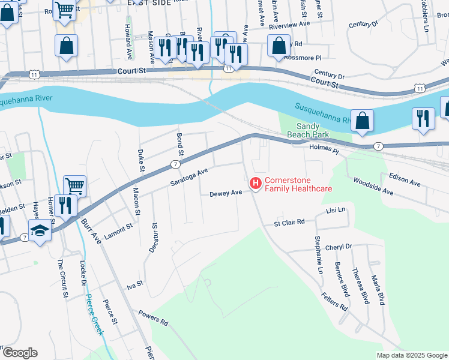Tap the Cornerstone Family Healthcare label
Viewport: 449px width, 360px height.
tap(298, 184)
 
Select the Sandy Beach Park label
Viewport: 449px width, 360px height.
tap(315, 131)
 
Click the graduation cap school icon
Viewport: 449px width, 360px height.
tap(40, 231)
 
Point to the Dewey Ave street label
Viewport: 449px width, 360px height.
tap(225, 193)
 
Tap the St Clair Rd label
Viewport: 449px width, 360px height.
tap(289, 221)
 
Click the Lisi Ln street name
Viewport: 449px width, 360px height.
tap(336, 210)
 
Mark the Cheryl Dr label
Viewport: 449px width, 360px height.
tap(338, 247)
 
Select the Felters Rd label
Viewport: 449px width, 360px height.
tap(334, 301)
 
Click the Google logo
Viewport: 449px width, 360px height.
tap(20, 353)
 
